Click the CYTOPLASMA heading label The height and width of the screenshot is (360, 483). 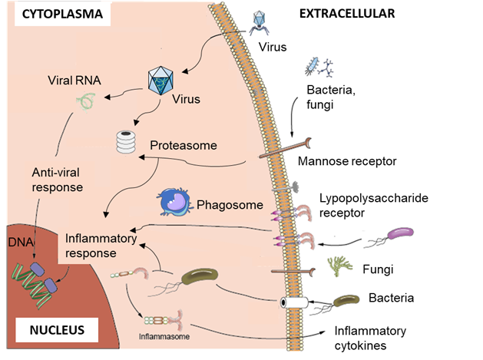point(56,15)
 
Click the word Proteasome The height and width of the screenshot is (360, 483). point(184,145)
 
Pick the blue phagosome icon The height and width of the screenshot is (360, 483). point(174,202)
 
